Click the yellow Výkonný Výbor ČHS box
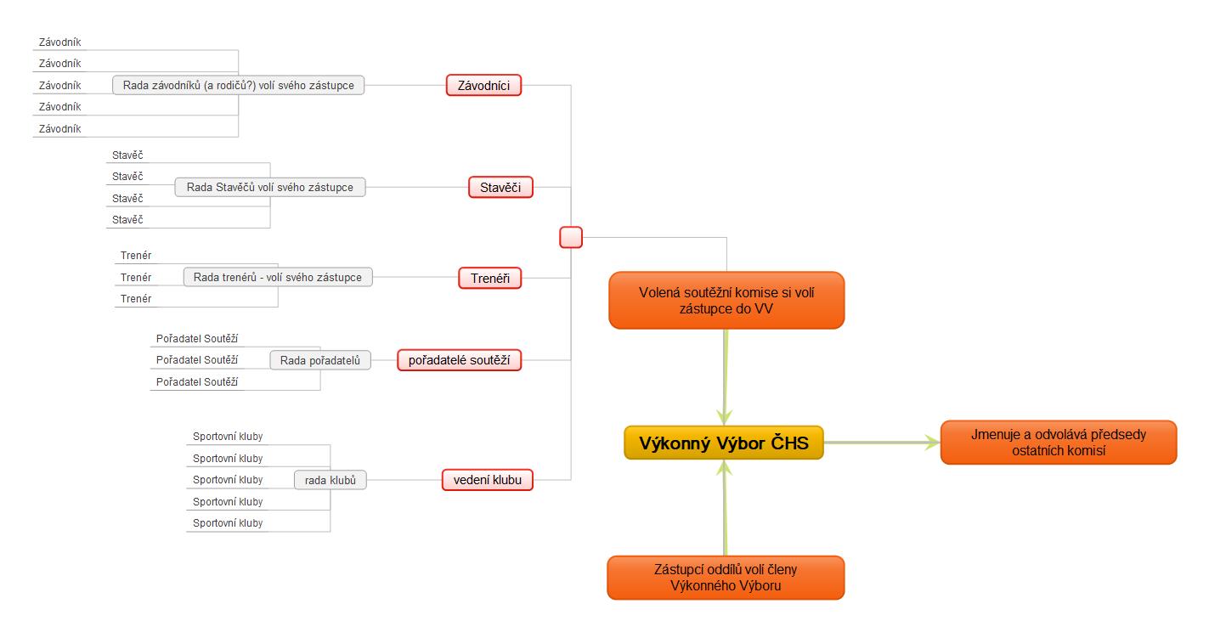724,443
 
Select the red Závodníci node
483,85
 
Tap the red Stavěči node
500,187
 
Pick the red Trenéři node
489,278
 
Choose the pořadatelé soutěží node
459,360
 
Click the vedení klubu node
487,480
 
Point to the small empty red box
571,237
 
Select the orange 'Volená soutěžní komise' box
726,300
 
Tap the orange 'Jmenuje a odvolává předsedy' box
1058,442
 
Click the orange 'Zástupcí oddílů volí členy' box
726,578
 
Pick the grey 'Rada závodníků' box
238,85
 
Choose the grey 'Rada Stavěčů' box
270,187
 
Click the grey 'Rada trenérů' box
278,277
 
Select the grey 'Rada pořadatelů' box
320,360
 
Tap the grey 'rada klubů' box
330,480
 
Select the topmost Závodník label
59,42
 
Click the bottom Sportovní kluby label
228,522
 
